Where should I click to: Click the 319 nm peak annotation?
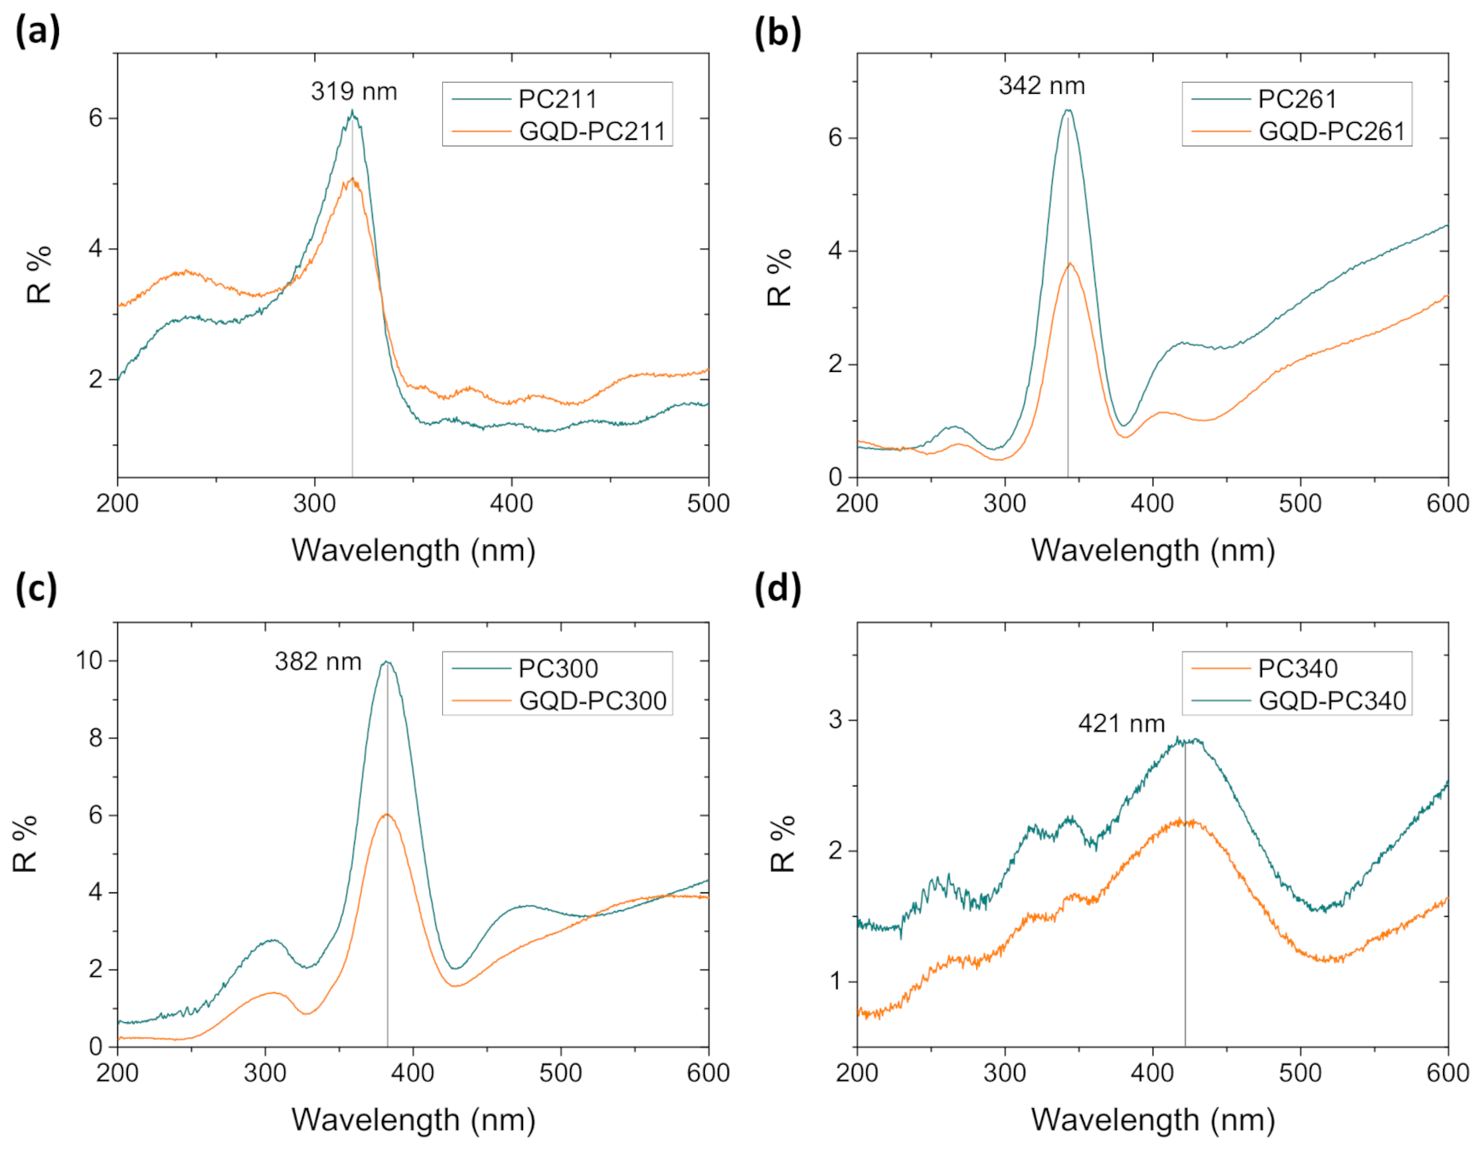coord(353,91)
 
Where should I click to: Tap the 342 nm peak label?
coord(1041,85)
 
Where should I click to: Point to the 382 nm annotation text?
coord(317,661)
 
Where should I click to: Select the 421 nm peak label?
coord(1120,723)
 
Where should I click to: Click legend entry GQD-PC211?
coord(591,131)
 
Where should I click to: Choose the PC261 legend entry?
coord(1296,99)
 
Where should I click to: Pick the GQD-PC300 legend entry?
coord(592,700)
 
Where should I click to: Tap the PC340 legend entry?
coord(1297,668)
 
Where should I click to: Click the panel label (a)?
coord(38,32)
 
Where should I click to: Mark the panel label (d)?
coord(777,589)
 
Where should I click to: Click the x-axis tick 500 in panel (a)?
coord(707,503)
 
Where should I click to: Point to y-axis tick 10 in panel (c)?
coord(89,660)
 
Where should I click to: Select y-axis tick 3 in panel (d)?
coord(835,720)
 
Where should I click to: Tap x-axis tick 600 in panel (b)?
coord(1447,503)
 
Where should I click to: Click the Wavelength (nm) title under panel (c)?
coord(413,1119)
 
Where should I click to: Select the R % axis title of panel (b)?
coord(780,277)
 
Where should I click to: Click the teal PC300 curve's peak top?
coord(387,661)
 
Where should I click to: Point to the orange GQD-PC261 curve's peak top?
coord(1069,264)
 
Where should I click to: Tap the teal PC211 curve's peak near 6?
coord(352,112)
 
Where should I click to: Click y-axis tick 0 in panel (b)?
coord(835,478)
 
